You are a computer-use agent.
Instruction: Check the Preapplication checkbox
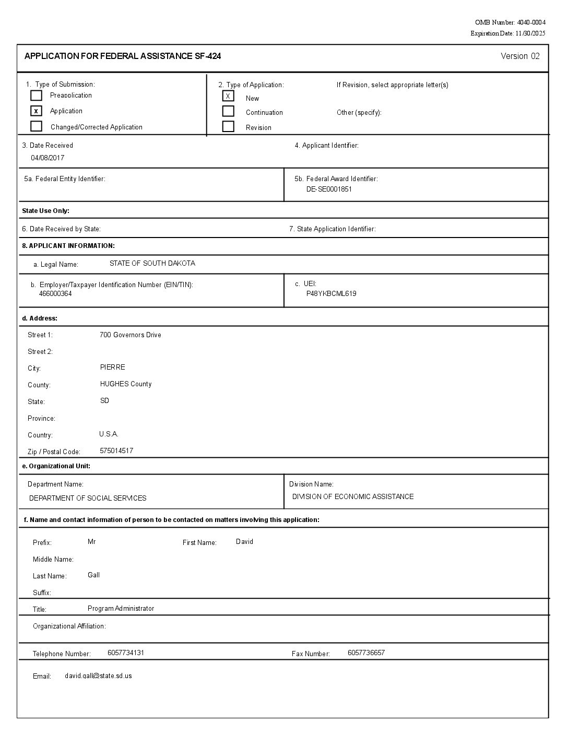[36, 96]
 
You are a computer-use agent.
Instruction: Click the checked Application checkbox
[36, 111]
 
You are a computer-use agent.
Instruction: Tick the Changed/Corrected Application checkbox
[36, 126]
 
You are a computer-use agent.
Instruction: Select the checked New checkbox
[228, 96]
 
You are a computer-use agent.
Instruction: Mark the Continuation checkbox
[228, 111]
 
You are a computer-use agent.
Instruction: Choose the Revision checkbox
[228, 126]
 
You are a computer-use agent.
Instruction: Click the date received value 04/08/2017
[48, 158]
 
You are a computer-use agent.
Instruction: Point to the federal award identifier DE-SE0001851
[329, 189]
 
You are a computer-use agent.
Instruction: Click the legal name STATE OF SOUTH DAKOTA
[152, 263]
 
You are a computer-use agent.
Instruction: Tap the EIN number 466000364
[55, 293]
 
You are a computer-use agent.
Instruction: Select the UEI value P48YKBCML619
[331, 293]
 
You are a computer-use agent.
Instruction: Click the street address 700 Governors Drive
[130, 335]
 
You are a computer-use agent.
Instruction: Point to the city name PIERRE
[112, 367]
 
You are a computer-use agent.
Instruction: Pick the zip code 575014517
[116, 451]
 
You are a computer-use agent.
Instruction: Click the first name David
[244, 541]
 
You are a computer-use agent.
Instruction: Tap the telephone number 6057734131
[125, 653]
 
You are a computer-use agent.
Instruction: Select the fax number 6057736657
[366, 653]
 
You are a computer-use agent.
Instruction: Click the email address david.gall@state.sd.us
[98, 675]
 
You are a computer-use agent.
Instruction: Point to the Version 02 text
[520, 56]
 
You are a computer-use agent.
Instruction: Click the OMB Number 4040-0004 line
[510, 22]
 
